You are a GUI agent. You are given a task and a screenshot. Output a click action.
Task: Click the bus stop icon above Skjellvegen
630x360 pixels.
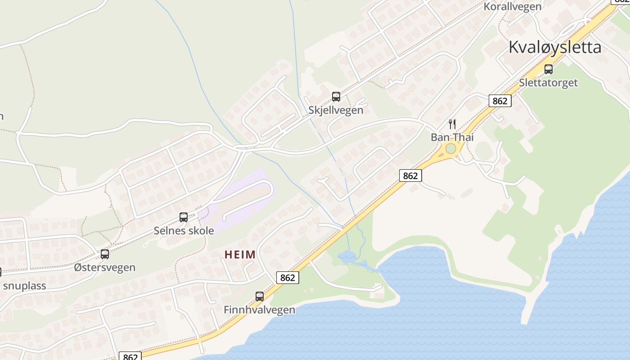tap(336, 97)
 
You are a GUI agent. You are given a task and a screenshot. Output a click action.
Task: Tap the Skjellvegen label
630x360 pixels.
tap(336, 110)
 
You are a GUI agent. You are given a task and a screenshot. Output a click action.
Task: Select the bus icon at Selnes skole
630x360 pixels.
tap(184, 217)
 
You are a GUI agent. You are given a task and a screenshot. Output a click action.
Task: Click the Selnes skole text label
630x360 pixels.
tap(184, 230)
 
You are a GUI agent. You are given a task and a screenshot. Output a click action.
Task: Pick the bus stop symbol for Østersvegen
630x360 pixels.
tap(105, 254)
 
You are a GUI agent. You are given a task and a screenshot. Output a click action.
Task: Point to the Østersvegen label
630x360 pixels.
tap(105, 267)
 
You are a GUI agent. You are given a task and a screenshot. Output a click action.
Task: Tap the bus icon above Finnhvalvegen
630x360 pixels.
tap(260, 297)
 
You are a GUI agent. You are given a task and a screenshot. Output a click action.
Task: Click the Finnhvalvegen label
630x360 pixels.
tap(260, 310)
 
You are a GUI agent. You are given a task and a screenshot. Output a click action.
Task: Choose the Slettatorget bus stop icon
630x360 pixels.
tap(549, 69)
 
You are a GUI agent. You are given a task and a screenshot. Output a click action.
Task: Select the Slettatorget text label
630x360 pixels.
tap(549, 83)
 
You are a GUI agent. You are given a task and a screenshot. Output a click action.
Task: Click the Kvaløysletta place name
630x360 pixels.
tap(555, 47)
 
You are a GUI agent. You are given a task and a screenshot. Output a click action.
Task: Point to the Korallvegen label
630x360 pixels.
tap(513, 6)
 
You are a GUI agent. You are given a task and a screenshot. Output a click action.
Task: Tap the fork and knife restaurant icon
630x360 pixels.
tap(452, 124)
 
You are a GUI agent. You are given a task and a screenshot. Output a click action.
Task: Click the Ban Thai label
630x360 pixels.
tap(452, 137)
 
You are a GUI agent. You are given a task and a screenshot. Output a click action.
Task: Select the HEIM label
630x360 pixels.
tap(240, 255)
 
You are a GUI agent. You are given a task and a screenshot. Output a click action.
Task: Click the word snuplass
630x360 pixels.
tap(24, 286)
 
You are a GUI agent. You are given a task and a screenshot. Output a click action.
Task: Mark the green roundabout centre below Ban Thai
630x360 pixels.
tap(450, 148)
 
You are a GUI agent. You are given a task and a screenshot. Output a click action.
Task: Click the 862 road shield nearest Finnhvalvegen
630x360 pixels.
tap(287, 278)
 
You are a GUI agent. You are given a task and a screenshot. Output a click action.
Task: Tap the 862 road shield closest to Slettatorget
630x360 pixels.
tap(499, 101)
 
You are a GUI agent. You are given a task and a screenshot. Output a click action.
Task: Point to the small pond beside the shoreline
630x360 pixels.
tap(346, 257)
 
